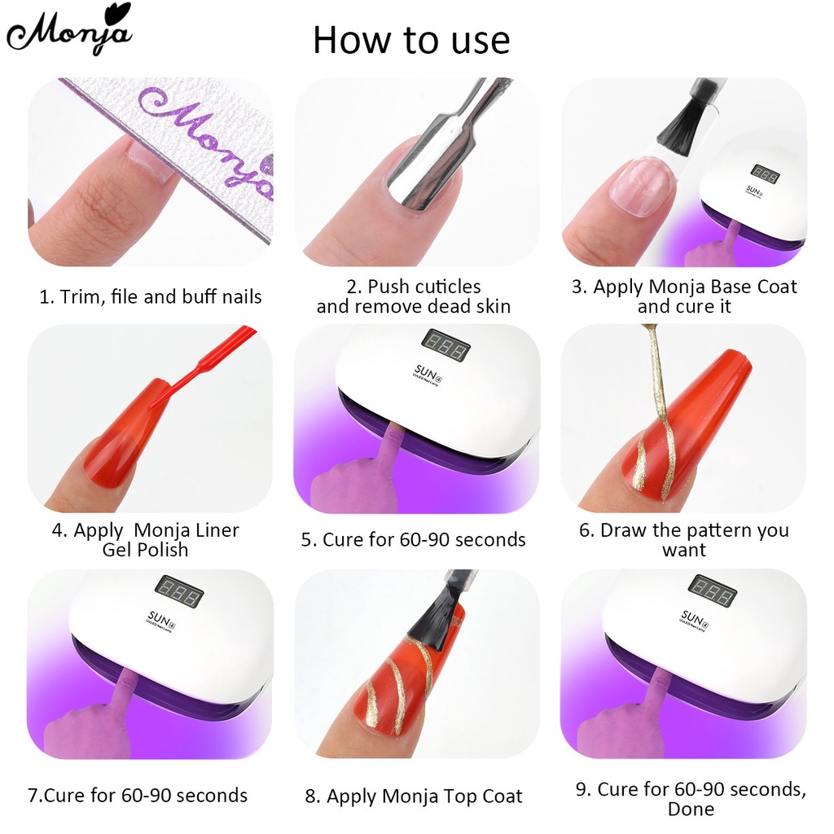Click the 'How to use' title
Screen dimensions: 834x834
click(x=411, y=40)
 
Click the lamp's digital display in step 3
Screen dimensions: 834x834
click(x=765, y=173)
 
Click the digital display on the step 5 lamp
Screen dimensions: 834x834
click(x=446, y=345)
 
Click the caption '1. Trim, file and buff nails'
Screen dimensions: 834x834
click(x=151, y=296)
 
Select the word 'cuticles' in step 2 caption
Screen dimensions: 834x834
click(x=446, y=287)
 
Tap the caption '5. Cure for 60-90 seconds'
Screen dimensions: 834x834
click(x=413, y=540)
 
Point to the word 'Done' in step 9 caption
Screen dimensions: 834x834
click(x=691, y=809)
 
